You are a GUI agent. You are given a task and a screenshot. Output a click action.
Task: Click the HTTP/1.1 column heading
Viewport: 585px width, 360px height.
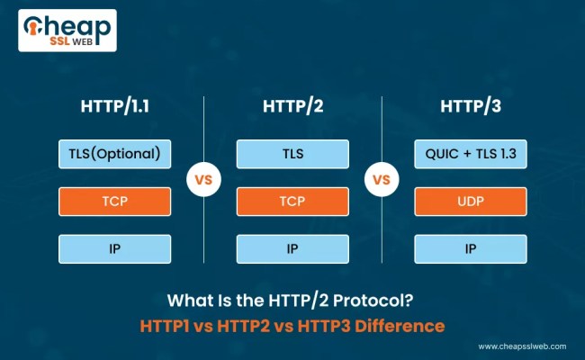pyautogui.click(x=115, y=108)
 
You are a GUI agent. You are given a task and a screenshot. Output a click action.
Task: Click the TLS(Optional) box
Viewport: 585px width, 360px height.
pyautogui.click(x=115, y=154)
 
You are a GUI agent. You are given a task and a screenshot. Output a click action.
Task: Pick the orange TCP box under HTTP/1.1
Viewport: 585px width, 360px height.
pyautogui.click(x=115, y=202)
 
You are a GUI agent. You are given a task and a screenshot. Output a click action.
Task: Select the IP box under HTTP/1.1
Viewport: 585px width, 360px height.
pyautogui.click(x=115, y=248)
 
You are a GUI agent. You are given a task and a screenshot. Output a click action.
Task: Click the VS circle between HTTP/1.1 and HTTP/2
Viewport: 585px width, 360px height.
pyautogui.click(x=203, y=179)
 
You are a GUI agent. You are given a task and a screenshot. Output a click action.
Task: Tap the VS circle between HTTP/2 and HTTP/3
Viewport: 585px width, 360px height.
pyautogui.click(x=381, y=179)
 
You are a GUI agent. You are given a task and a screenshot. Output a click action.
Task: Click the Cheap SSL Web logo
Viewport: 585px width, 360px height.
pyautogui.click(x=67, y=31)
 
